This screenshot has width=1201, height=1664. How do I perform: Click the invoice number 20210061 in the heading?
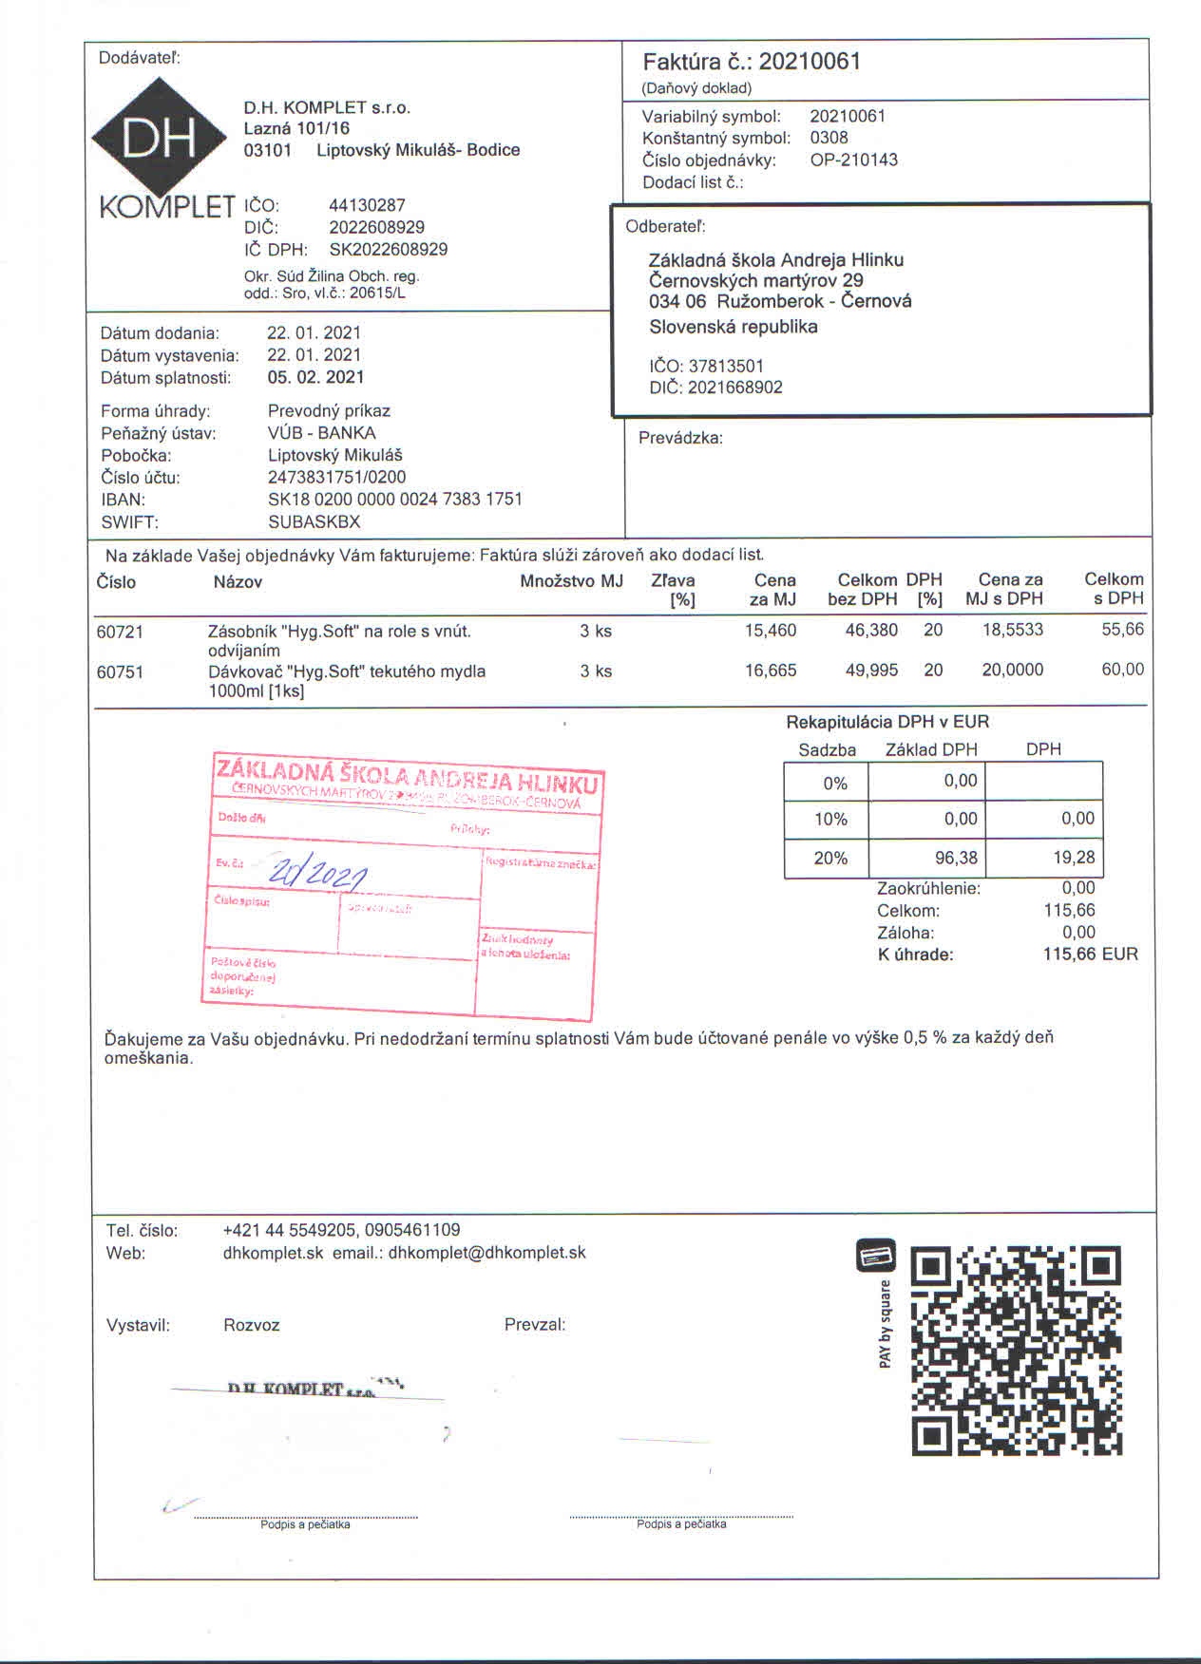click(810, 62)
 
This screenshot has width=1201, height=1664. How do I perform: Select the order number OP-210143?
click(853, 160)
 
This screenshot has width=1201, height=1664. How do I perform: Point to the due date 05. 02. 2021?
click(315, 377)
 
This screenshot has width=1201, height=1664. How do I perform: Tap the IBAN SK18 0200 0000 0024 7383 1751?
click(394, 499)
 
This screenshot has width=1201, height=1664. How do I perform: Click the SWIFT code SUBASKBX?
click(314, 521)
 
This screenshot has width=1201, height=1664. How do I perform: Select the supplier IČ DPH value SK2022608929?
click(388, 249)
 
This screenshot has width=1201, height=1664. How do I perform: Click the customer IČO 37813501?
click(726, 366)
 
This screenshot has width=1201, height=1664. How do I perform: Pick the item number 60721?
click(120, 631)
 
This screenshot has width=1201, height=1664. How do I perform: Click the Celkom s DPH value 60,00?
click(1122, 670)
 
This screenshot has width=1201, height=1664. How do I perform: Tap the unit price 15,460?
click(770, 630)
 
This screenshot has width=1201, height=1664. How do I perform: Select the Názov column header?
click(238, 581)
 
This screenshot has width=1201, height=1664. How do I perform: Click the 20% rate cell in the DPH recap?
click(829, 858)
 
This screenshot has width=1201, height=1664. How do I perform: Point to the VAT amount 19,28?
click(1074, 858)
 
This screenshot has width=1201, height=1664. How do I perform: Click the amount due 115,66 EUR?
click(1090, 954)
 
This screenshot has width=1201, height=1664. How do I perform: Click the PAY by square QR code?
click(1016, 1352)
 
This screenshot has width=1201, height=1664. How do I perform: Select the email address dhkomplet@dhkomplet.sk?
click(486, 1253)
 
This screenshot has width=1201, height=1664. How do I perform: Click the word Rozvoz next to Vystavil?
click(251, 1325)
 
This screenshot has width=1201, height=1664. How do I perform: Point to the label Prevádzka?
click(680, 438)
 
